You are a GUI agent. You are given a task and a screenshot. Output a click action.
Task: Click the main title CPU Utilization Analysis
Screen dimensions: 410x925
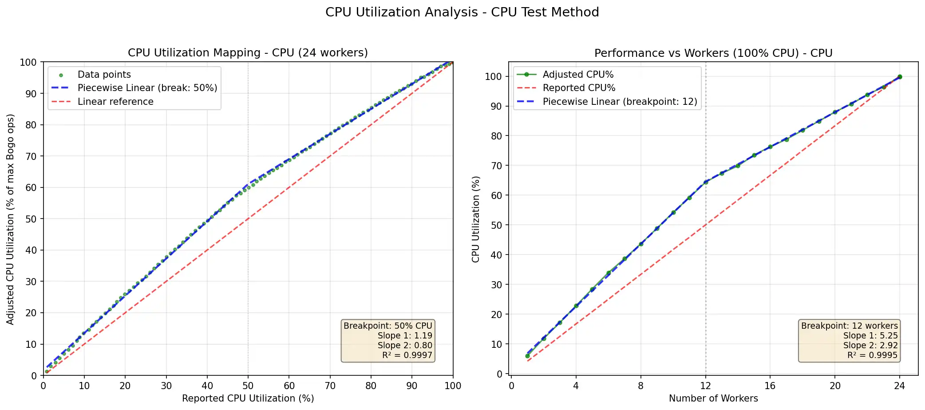point(462,12)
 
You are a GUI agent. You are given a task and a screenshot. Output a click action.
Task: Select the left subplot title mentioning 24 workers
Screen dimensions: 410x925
point(248,53)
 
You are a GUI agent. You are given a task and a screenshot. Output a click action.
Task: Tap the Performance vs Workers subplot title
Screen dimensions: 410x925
point(713,53)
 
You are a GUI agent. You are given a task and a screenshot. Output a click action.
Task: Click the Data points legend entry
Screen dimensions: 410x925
point(104,75)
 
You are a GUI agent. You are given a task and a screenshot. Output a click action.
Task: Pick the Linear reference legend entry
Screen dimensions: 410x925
point(115,102)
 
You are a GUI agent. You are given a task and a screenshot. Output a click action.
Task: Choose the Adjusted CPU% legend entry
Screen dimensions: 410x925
point(578,75)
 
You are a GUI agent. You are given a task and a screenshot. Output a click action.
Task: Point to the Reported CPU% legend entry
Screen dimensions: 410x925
point(579,88)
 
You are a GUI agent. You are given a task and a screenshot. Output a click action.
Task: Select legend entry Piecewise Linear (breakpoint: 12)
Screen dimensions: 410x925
point(620,102)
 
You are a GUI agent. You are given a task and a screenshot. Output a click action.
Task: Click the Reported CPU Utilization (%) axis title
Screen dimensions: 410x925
point(248,398)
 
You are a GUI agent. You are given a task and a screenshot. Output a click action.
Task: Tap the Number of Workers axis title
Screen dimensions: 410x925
point(713,398)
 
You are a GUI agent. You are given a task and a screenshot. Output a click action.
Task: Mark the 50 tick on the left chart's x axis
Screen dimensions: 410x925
point(248,386)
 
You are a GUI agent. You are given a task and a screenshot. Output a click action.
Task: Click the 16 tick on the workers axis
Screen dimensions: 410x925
point(770,386)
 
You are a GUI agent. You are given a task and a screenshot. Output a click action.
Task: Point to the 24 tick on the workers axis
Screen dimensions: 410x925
point(899,386)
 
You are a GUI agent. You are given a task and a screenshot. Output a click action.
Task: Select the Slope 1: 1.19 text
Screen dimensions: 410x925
point(405,336)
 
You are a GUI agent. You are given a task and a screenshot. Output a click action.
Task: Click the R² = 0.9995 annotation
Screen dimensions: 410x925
point(872,355)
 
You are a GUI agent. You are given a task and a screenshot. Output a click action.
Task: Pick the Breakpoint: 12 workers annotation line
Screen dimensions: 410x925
point(849,326)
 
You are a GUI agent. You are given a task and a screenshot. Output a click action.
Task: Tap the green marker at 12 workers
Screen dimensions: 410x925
point(706,182)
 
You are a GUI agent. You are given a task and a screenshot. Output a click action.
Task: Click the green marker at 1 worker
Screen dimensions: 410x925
point(527,356)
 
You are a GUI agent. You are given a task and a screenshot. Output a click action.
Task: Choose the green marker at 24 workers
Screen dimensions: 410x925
point(900,77)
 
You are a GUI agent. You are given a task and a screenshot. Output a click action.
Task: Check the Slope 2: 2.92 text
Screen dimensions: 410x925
point(870,346)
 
